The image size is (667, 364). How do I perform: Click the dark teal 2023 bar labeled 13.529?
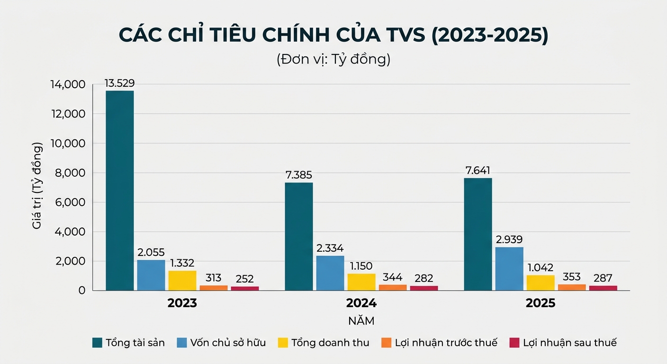click(x=119, y=190)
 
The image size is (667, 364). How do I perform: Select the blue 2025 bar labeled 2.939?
click(x=509, y=268)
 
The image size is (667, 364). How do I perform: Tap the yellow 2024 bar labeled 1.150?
click(x=361, y=282)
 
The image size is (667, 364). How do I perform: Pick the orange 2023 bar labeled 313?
click(x=213, y=288)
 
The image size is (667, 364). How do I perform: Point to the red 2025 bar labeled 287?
click(x=603, y=288)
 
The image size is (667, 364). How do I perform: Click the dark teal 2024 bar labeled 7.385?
click(x=298, y=236)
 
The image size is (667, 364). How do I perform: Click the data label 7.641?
click(x=478, y=171)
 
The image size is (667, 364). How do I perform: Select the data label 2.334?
click(x=330, y=248)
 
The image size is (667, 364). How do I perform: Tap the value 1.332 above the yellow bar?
click(x=182, y=263)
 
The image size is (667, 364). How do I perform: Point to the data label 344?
click(x=392, y=278)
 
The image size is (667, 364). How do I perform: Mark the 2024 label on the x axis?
click(x=361, y=303)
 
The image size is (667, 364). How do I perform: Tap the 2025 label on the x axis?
click(x=540, y=303)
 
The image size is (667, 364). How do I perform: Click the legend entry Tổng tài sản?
click(x=135, y=343)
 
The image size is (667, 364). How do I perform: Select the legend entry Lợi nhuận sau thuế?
click(x=569, y=343)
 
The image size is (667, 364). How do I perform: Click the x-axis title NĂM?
click(x=361, y=321)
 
